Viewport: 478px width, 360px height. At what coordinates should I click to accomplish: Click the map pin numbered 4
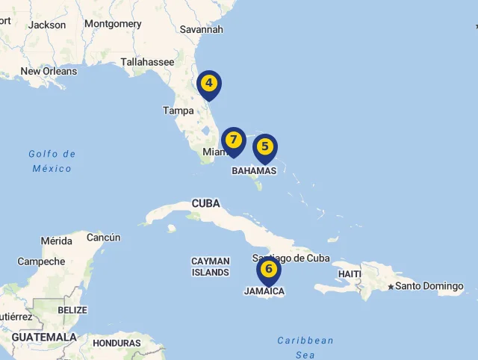(x=209, y=84)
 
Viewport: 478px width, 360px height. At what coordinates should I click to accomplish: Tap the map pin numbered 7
(x=234, y=140)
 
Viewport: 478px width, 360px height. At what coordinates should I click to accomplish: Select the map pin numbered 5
(x=265, y=147)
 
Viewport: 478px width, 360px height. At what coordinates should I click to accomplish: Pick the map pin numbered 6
(x=269, y=270)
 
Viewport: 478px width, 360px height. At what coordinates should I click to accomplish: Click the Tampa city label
(x=179, y=111)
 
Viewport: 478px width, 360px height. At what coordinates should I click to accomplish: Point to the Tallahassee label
(x=147, y=62)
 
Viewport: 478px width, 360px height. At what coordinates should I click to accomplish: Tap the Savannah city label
(x=202, y=29)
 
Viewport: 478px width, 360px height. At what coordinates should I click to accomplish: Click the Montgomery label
(x=113, y=24)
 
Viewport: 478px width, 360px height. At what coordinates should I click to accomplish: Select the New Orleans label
(x=49, y=72)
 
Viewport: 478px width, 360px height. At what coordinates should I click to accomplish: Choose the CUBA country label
(x=206, y=203)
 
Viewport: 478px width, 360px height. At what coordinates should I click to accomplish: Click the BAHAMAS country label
(x=254, y=171)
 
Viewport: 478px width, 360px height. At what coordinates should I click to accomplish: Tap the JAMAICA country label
(x=264, y=291)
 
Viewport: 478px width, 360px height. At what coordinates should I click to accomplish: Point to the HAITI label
(x=350, y=274)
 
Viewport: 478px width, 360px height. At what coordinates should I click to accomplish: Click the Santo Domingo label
(x=429, y=286)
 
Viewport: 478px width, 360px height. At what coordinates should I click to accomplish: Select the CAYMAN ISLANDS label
(x=211, y=267)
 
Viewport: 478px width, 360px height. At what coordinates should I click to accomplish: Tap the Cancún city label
(x=104, y=238)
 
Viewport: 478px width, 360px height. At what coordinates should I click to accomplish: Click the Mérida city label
(x=57, y=241)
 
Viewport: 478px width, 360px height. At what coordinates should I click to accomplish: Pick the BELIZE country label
(x=72, y=310)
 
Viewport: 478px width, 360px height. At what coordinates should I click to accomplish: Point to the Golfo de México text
(x=52, y=161)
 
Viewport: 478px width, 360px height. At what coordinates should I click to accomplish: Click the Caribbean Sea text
(x=305, y=347)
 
